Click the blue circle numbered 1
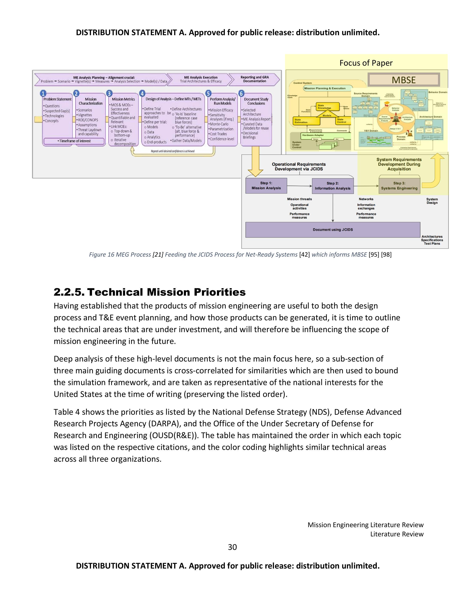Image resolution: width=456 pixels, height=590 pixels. [x=43, y=94]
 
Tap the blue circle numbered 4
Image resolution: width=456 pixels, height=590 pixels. [x=142, y=94]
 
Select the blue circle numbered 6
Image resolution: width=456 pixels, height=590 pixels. [x=241, y=94]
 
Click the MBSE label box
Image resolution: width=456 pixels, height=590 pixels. [x=404, y=80]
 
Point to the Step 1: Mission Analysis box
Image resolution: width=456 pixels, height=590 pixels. [x=266, y=186]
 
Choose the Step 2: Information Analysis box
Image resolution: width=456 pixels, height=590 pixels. [x=333, y=186]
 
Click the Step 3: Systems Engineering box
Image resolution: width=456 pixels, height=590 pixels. [x=399, y=186]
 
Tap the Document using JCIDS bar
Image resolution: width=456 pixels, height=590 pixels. [x=333, y=230]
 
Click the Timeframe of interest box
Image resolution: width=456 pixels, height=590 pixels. [x=74, y=141]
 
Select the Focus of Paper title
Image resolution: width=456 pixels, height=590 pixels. [x=366, y=63]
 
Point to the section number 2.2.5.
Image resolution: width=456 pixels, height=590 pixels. [x=69, y=292]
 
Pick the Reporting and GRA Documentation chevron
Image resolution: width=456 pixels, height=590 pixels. [x=254, y=79]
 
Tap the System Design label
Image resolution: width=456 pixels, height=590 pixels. [x=432, y=201]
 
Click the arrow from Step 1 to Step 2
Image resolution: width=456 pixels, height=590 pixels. [x=299, y=186]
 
